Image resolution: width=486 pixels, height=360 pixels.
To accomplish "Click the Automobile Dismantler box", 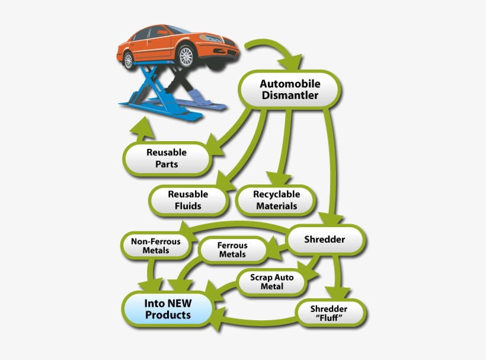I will coord(289,88).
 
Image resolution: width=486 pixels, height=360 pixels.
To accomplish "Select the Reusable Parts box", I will coord(167,158).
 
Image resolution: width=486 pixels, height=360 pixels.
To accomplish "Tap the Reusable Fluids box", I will coord(188,200).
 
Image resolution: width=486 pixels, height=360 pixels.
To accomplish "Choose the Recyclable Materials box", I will coord(276,200).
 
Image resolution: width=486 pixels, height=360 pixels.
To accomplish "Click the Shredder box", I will coord(324,240).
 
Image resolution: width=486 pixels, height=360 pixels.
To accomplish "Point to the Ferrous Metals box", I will coord(232,249).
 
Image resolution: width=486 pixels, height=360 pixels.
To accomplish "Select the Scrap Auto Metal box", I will coord(272,282).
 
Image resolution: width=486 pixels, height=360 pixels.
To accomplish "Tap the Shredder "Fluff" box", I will coord(330,313).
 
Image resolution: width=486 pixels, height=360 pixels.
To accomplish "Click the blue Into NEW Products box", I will coord(168,308).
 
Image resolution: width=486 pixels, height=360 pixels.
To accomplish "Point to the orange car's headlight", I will coord(212,39).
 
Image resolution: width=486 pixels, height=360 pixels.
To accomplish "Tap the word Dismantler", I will coord(289,95).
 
